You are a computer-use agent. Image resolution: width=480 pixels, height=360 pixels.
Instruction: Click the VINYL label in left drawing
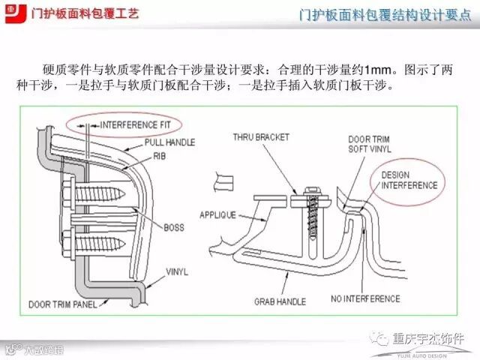pyautogui.click(x=176, y=271)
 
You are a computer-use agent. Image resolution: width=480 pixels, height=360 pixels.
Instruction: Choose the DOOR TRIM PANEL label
pyautogui.click(x=65, y=304)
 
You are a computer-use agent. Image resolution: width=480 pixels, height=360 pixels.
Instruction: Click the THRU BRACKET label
pyautogui.click(x=261, y=138)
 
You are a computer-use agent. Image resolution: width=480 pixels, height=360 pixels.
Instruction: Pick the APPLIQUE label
pyautogui.click(x=217, y=214)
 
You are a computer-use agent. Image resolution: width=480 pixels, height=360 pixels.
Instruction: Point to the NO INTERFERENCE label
pyautogui.click(x=365, y=298)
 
